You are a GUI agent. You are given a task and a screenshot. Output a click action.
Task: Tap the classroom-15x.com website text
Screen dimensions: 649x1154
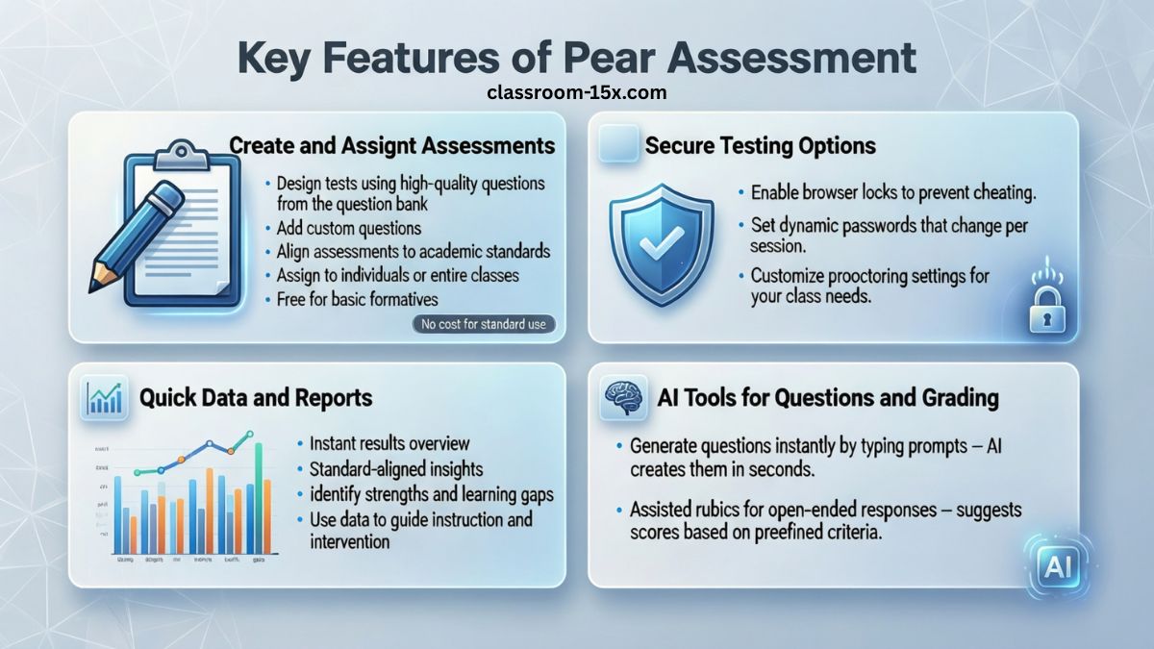coord(577,93)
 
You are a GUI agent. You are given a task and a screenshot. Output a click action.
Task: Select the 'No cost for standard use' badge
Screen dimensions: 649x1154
coord(484,324)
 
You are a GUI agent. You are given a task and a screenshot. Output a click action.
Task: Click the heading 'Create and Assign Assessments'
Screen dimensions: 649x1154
coord(392,145)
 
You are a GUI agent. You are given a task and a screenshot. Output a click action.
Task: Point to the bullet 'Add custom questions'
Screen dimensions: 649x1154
coord(349,228)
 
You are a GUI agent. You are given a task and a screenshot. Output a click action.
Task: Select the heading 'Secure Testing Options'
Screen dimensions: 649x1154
coord(760,145)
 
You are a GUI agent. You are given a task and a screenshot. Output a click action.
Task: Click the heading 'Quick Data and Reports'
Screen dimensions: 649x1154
coord(256,397)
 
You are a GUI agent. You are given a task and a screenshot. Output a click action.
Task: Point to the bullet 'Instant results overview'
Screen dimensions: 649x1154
coord(389,443)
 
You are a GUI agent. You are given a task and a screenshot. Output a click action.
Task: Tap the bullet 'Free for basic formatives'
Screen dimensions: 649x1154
coord(357,299)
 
